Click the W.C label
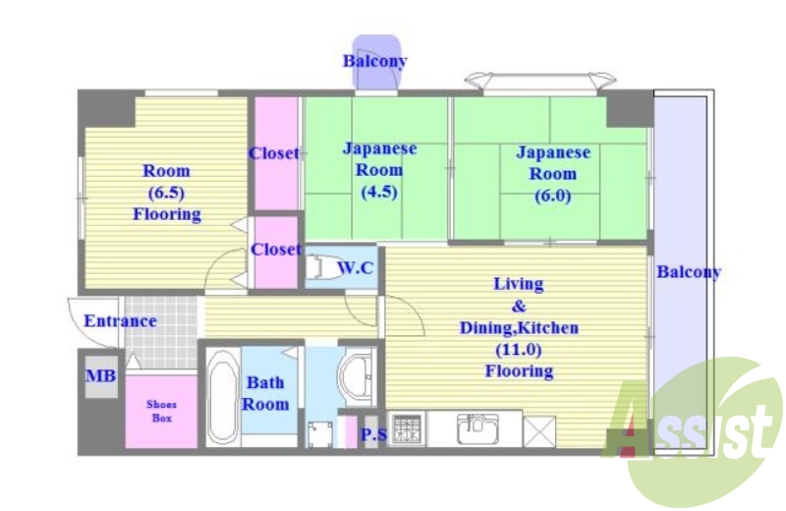coord(356,268)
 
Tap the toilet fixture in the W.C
coord(318,266)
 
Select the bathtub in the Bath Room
coord(223,397)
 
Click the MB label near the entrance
coord(101,375)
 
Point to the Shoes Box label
coord(161,411)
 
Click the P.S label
coord(373,434)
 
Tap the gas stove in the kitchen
coord(407,428)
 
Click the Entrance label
coord(120,321)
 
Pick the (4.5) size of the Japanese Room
coord(379,192)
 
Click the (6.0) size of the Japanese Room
coord(552,196)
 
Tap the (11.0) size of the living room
coord(519,350)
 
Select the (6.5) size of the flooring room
coord(166,193)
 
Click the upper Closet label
coord(274,153)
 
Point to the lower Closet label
coord(276,250)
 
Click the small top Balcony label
coord(374,61)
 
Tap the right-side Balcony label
coord(689,272)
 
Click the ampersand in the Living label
coord(519,306)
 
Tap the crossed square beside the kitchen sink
coord(539,430)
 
